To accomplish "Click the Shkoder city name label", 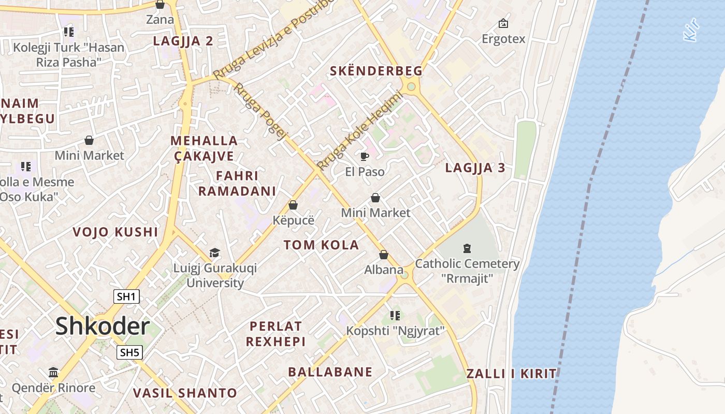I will (x=103, y=326).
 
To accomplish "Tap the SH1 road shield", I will (x=126, y=297).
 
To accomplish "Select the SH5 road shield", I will (x=129, y=353).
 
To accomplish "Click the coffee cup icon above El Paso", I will (x=365, y=156).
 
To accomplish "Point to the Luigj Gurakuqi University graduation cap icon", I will (x=214, y=253).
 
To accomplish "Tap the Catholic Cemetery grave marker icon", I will (x=467, y=248).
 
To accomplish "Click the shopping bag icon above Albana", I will (x=384, y=255).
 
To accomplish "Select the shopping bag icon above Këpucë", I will (x=293, y=205).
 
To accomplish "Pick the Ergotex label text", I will (x=503, y=39).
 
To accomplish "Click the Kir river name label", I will (x=692, y=30).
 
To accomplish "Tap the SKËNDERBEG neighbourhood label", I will (x=376, y=71).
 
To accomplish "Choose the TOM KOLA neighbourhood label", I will (x=321, y=245).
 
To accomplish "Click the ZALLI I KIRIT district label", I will (x=511, y=374).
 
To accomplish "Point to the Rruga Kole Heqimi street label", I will (x=360, y=131).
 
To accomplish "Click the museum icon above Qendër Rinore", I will (x=53, y=373).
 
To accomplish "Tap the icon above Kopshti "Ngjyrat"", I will (x=395, y=315).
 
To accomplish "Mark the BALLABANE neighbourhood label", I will (x=330, y=372).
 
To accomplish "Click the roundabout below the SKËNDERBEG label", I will (x=412, y=86).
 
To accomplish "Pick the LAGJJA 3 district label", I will (x=475, y=168).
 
